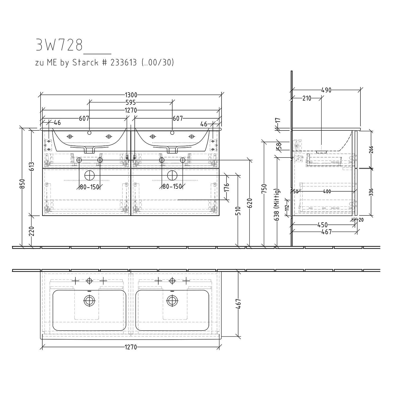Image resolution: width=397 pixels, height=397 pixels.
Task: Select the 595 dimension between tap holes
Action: pyautogui.click(x=131, y=102)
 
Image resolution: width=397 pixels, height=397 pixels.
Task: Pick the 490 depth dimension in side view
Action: pyautogui.click(x=326, y=90)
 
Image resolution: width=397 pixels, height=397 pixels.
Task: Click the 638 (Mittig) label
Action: pyautogui.click(x=277, y=205)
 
